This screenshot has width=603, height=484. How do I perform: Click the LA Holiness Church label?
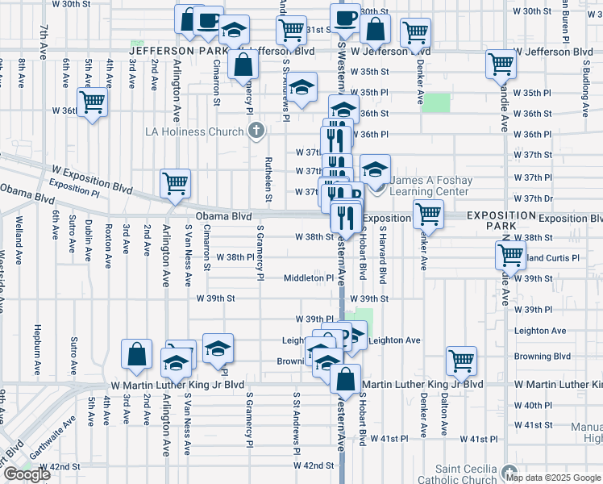193,132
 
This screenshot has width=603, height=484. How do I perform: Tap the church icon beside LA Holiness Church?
256,131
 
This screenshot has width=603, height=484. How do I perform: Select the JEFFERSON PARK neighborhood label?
180,51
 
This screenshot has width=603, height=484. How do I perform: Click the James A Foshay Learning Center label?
428,186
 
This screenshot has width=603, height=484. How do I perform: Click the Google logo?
27,474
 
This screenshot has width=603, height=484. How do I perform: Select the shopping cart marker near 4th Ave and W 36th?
93,102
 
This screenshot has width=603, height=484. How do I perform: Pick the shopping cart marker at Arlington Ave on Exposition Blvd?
175,184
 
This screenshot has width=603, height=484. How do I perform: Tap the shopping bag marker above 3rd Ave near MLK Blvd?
137,353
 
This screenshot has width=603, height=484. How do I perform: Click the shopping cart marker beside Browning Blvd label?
462,361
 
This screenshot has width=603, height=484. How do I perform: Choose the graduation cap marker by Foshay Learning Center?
375,169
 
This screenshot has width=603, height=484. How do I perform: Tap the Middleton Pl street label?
308,278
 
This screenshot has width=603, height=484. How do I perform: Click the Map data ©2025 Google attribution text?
553,477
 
